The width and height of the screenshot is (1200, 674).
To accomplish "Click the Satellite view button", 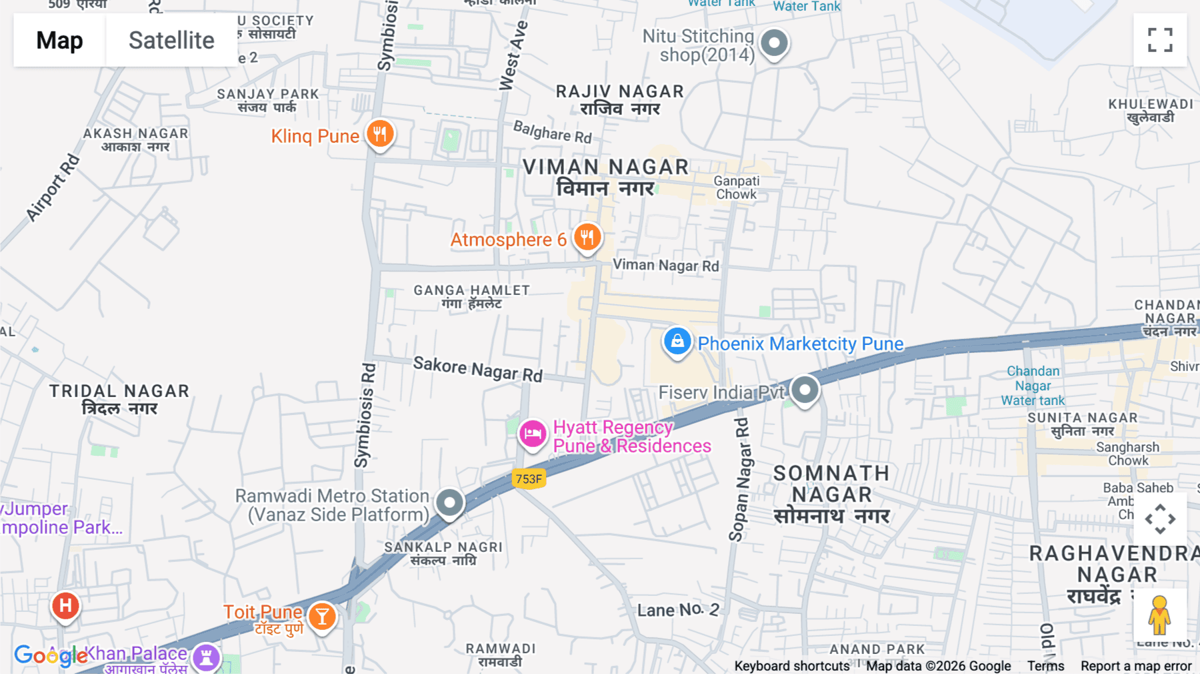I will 171,40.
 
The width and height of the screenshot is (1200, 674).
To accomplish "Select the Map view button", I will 59,40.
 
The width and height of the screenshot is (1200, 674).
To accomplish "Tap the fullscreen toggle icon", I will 1160,40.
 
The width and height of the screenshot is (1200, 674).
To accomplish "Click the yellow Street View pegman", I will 1159,615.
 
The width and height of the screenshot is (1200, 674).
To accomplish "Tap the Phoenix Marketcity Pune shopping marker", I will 677,342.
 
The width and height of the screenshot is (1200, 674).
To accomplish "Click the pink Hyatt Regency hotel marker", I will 533,434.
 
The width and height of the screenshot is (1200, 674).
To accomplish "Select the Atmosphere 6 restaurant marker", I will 587,237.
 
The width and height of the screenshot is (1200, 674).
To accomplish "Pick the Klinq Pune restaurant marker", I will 380,134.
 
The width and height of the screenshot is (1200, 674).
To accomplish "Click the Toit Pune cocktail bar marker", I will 322,617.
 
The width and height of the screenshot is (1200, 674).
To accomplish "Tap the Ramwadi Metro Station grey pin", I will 449,502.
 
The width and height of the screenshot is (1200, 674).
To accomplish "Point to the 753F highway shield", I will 529,478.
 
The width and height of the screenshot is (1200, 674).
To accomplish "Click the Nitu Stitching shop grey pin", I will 774,43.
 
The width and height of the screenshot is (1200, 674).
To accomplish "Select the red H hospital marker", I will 65,606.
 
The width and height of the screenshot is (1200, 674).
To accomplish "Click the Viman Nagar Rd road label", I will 665,265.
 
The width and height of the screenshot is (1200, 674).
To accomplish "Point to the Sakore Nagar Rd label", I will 477,368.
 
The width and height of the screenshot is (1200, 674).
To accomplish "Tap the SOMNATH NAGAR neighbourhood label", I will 831,494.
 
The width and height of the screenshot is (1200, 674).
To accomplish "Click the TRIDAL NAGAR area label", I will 119,399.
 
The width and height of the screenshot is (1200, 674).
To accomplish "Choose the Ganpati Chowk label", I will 736,188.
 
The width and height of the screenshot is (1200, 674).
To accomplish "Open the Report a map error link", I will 1136,666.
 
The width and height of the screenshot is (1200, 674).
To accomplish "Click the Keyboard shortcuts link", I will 791,666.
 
